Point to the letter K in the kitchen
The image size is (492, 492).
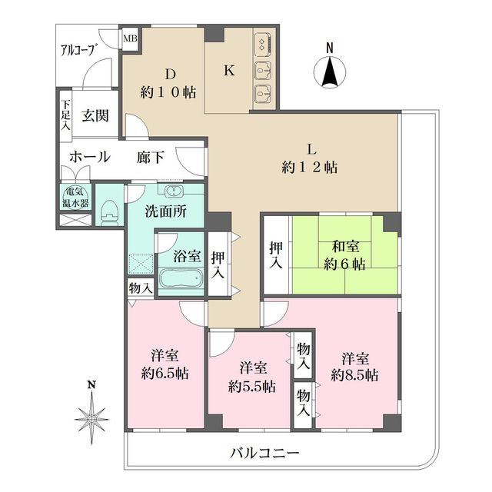(x=228, y=71)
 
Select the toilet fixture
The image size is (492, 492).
(x=109, y=210)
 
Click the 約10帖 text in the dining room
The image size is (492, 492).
(x=169, y=92)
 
